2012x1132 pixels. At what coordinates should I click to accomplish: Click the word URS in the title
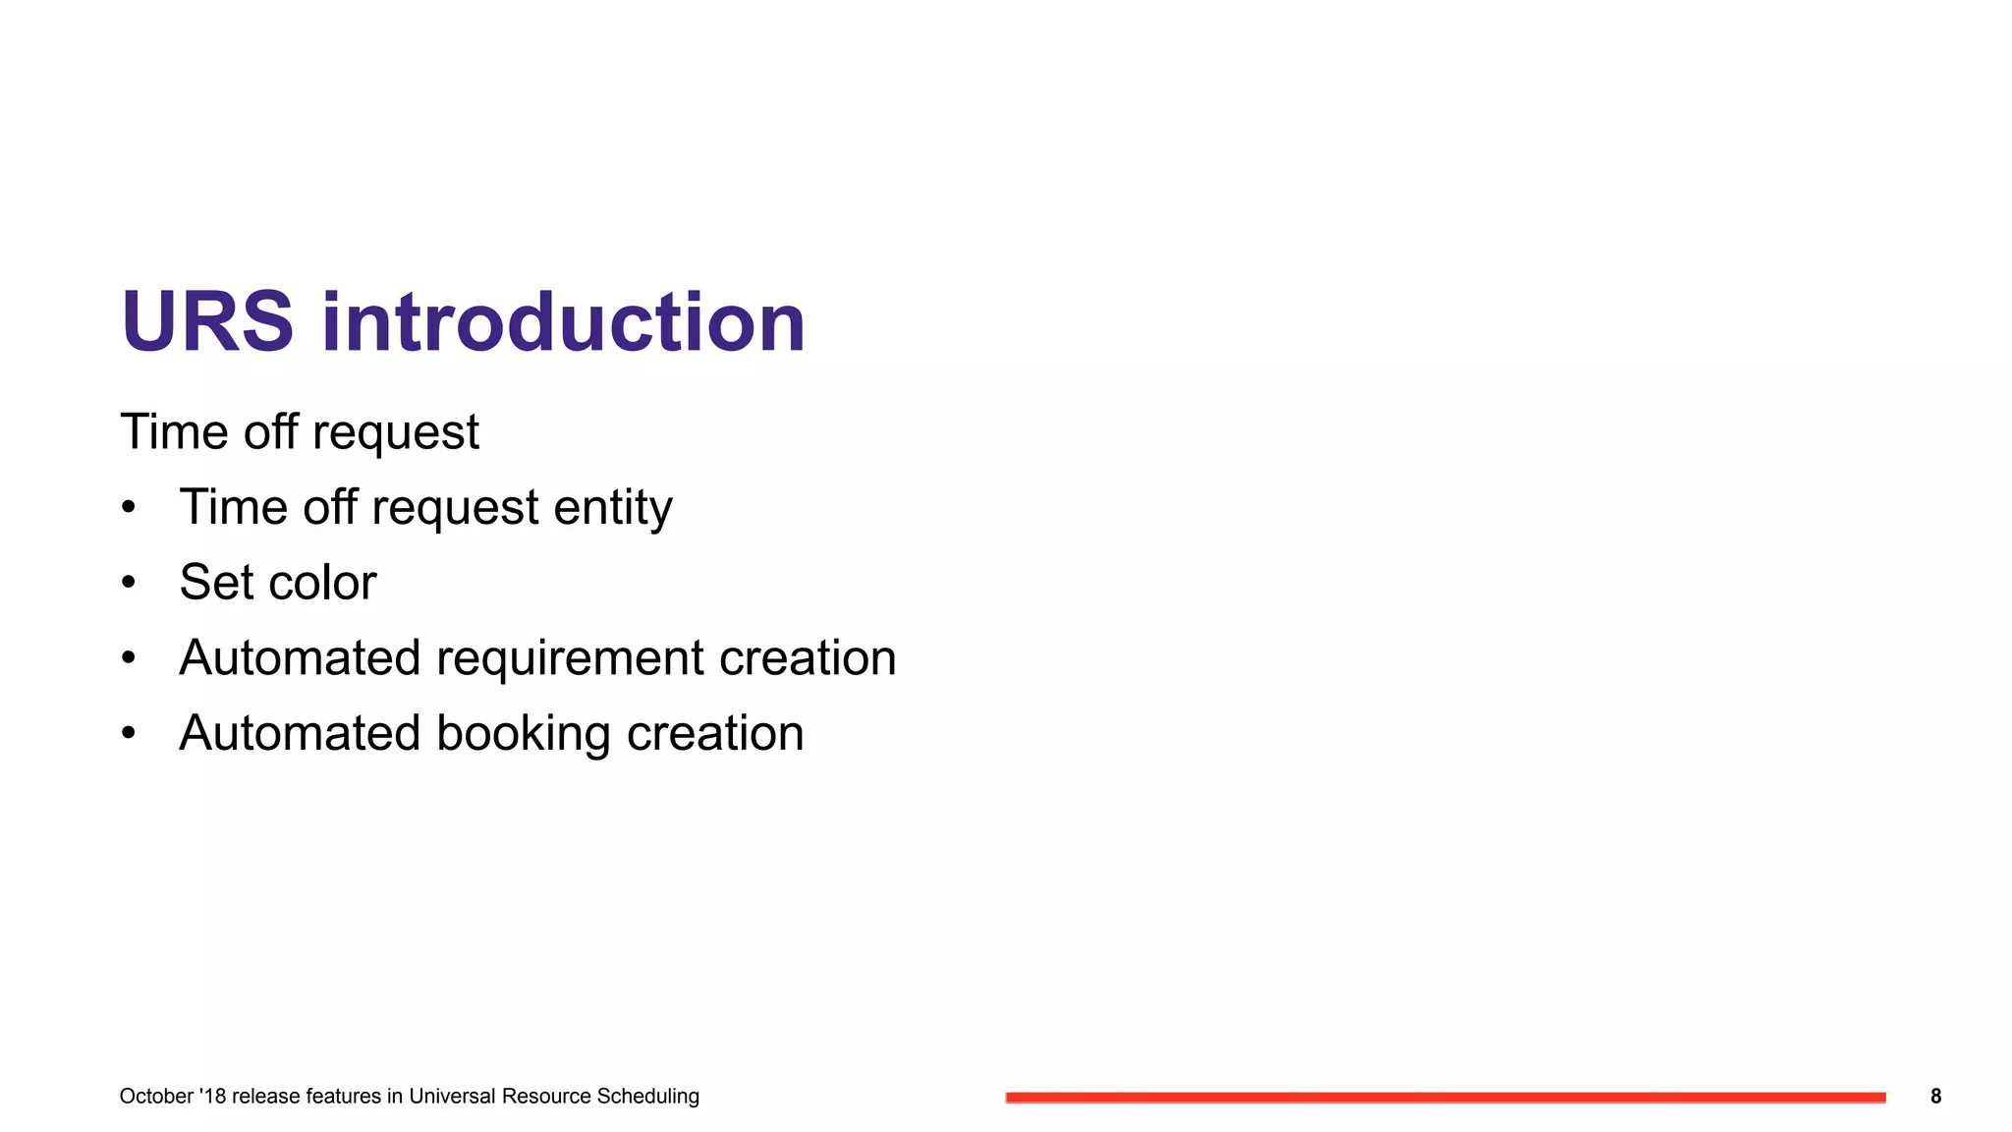tap(206, 322)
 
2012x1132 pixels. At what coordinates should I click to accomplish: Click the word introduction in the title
tap(563, 322)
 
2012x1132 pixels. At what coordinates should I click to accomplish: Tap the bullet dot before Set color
tap(129, 583)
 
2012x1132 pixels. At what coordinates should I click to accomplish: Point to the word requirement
tap(570, 658)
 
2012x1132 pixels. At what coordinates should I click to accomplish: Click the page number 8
tap(1935, 1097)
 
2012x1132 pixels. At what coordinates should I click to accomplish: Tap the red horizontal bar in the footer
tap(1444, 1098)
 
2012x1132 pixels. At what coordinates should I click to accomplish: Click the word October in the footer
tap(155, 1097)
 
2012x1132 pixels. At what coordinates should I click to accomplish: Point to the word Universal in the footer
tap(452, 1097)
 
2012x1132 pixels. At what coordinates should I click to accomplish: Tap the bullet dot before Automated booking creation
tap(129, 733)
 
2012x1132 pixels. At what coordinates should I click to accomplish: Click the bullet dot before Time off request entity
tap(129, 508)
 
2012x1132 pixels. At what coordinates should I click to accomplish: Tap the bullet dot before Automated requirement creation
tap(129, 658)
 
